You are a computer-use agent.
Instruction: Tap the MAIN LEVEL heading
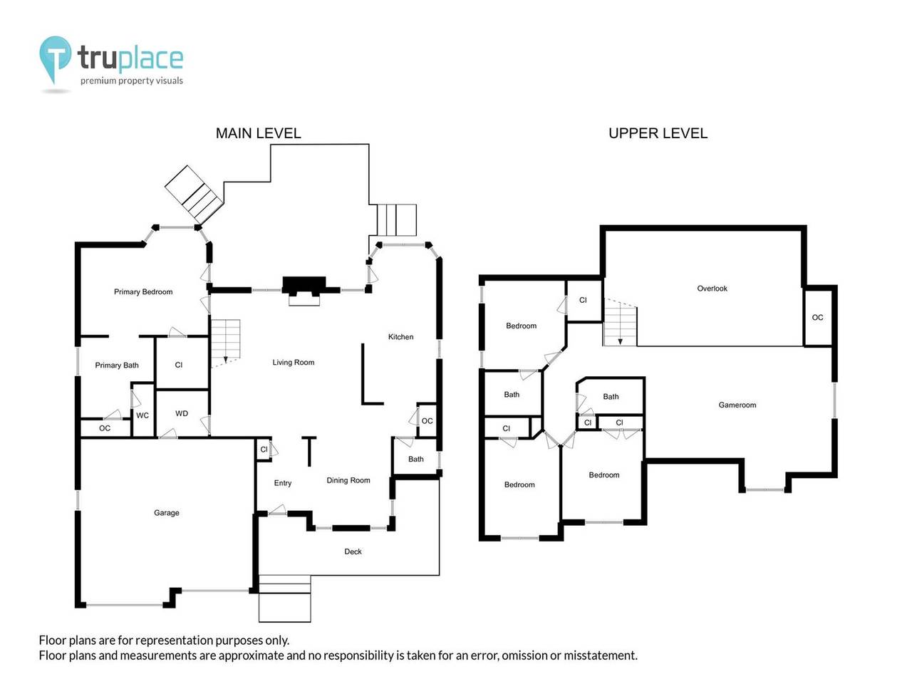click(258, 133)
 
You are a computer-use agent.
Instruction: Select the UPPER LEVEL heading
click(658, 133)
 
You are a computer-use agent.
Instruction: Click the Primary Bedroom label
click(143, 292)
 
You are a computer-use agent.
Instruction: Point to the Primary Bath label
click(117, 366)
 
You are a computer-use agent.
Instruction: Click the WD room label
click(182, 414)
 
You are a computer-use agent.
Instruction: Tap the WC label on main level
click(142, 415)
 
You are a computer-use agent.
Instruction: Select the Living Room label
click(293, 363)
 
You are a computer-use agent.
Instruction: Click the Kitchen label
click(400, 337)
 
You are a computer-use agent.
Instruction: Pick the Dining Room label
click(348, 480)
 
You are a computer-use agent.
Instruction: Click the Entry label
click(283, 483)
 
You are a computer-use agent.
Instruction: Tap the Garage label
click(167, 513)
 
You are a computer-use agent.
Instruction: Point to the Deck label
click(353, 551)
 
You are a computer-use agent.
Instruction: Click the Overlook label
click(712, 289)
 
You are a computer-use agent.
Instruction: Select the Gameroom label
click(737, 405)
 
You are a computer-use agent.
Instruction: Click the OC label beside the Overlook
click(817, 318)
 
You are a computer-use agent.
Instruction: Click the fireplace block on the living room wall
click(304, 286)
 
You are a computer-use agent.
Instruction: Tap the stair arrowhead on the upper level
click(621, 341)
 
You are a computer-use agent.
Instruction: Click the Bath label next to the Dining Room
click(416, 460)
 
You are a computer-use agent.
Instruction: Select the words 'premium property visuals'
click(132, 81)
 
